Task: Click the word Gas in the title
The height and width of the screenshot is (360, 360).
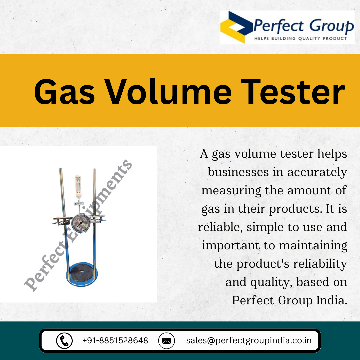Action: click(x=65, y=92)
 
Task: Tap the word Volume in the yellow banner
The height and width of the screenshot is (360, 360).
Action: click(x=168, y=92)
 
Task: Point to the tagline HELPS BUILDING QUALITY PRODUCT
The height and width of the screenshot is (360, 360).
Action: click(x=301, y=38)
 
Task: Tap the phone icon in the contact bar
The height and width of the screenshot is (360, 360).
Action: click(x=64, y=340)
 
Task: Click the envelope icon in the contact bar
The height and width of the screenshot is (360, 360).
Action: click(x=166, y=340)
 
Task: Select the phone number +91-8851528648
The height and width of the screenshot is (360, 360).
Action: click(x=115, y=340)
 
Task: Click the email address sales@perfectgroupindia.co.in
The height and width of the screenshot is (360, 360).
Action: click(x=249, y=340)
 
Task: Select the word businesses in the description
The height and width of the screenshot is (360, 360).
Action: click(x=238, y=172)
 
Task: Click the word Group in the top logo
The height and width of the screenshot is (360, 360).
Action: click(x=331, y=26)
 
